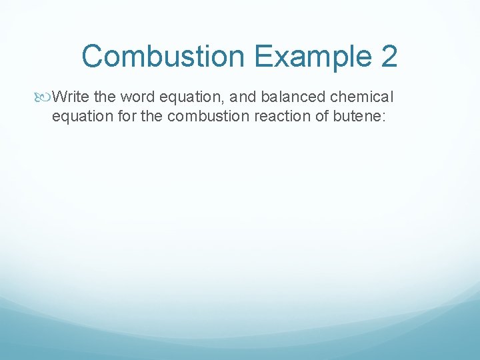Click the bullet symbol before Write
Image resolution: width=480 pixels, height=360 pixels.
(44, 98)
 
